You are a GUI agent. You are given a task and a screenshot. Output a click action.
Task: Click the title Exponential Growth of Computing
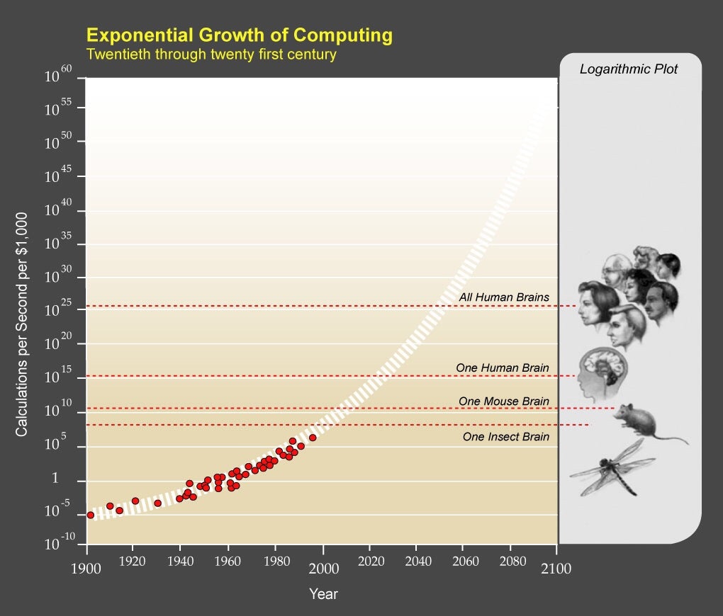(239, 35)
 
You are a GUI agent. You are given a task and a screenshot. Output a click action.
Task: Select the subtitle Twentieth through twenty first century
(211, 54)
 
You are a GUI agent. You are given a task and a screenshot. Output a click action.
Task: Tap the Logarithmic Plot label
(628, 69)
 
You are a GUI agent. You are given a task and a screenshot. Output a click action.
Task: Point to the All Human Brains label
(503, 297)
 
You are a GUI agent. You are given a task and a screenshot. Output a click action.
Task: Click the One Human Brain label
(502, 367)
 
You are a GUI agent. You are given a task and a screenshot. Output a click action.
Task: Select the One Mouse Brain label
(503, 401)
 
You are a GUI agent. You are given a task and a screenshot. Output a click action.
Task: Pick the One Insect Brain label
(505, 437)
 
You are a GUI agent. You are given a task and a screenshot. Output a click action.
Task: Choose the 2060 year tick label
(463, 561)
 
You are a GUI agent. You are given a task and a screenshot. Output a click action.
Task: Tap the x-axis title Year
(323, 594)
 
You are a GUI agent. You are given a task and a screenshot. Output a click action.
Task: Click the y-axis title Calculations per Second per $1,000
(23, 324)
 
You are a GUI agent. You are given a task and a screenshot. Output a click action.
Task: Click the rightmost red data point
(313, 438)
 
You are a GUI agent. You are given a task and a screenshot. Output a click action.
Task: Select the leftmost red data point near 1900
(91, 515)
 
